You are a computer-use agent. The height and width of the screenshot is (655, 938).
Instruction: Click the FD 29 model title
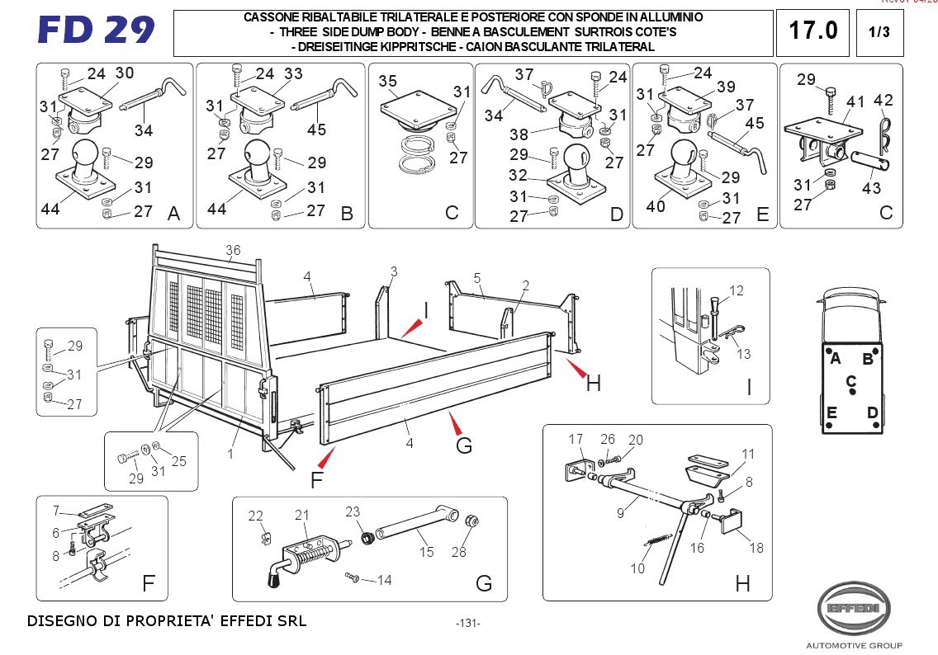click(x=97, y=31)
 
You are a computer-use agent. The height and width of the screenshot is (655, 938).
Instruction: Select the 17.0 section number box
click(x=813, y=31)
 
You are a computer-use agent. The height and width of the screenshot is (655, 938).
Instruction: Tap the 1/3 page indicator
click(x=879, y=32)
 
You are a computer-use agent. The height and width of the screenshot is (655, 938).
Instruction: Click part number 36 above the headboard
click(x=233, y=251)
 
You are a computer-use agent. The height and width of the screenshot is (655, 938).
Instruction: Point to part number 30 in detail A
click(x=124, y=73)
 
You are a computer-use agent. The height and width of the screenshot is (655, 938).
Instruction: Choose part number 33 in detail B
click(x=293, y=73)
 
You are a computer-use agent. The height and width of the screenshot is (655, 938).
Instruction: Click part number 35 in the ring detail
click(x=388, y=81)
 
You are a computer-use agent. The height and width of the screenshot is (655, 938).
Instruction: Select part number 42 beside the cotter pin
click(x=884, y=101)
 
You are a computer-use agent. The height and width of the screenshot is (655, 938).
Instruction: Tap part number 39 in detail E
click(x=726, y=87)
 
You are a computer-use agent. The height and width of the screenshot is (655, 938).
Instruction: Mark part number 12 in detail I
click(x=737, y=290)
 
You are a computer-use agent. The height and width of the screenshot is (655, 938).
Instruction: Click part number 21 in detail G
click(x=301, y=515)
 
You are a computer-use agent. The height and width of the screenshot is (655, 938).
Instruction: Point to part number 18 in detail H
click(x=756, y=547)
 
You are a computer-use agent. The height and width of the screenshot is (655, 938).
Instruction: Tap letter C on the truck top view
click(x=850, y=381)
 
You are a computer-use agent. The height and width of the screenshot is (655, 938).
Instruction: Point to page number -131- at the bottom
click(x=467, y=624)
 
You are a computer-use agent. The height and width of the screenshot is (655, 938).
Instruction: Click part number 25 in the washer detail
click(x=178, y=461)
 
